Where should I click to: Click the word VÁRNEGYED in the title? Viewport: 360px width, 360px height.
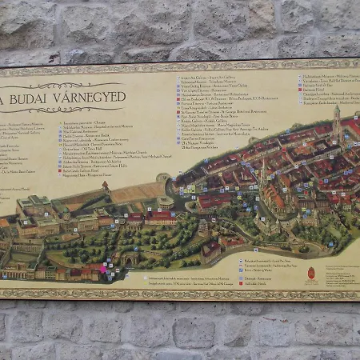pos(88,97)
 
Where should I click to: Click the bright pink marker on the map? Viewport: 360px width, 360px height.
pos(102,270)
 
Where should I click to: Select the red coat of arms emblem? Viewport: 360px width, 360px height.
pos(310,273)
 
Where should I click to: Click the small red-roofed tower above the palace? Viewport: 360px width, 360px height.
pos(105,186)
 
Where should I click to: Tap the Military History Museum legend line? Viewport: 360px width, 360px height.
pos(320,77)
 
